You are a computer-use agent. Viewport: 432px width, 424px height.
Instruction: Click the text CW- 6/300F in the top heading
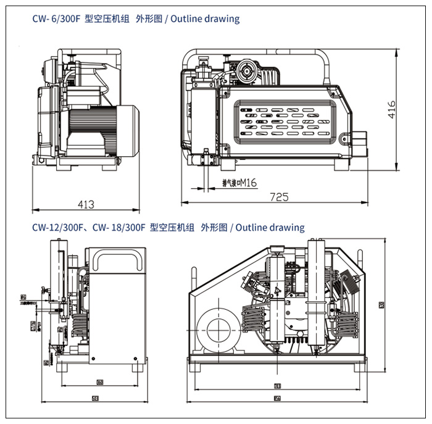click(57, 19)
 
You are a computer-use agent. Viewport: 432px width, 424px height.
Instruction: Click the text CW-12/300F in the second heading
click(58, 227)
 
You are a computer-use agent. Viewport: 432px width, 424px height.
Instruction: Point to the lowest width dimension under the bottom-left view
click(94, 398)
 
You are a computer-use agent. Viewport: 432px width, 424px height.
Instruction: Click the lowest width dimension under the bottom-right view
click(278, 398)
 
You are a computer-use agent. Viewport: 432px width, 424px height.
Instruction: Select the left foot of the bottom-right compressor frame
click(196, 369)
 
